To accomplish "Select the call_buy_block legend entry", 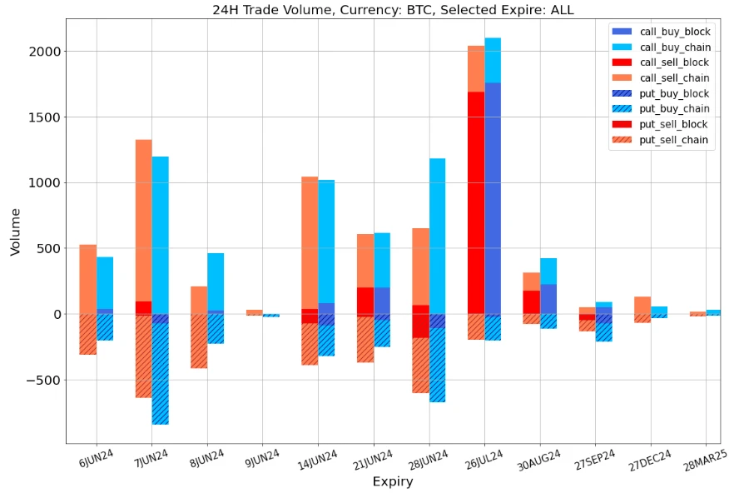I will click(x=674, y=32).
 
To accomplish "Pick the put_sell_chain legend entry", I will click(x=674, y=140).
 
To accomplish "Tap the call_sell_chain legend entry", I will click(x=674, y=78).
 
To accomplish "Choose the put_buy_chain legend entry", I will click(x=674, y=109).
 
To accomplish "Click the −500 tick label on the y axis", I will click(x=42, y=381).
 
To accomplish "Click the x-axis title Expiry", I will click(x=392, y=481).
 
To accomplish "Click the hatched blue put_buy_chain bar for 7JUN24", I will click(x=160, y=375).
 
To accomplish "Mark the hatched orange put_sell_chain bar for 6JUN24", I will click(x=88, y=334).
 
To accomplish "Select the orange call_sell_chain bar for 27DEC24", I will click(x=642, y=305).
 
